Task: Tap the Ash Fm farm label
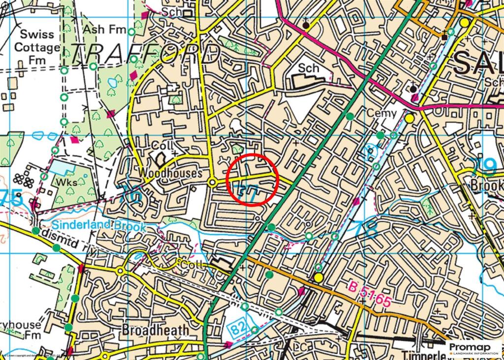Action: [104, 30]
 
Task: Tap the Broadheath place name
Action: [155, 329]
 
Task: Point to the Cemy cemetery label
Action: [381, 114]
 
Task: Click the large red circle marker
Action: [253, 178]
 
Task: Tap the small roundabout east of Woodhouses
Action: [212, 183]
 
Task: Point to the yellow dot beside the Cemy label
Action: [409, 118]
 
